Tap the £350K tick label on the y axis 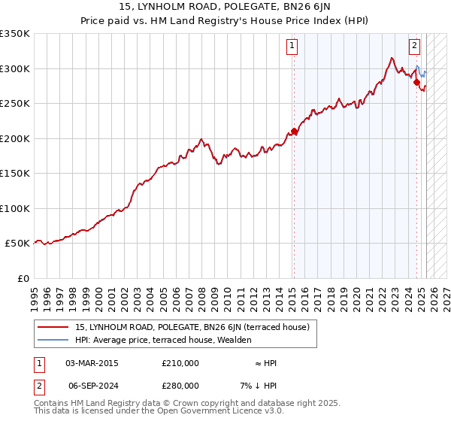pyautogui.click(x=15, y=34)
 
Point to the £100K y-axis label pyautogui.click(x=15, y=208)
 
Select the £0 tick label pyautogui.click(x=23, y=278)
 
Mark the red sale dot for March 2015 pyautogui.click(x=294, y=132)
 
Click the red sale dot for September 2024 pyautogui.click(x=416, y=83)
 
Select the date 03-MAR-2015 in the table pyautogui.click(x=92, y=363)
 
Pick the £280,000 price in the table pyautogui.click(x=180, y=385)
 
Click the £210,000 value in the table pyautogui.click(x=180, y=363)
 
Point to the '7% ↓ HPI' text pyautogui.click(x=259, y=385)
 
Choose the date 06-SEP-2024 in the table pyautogui.click(x=92, y=385)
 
